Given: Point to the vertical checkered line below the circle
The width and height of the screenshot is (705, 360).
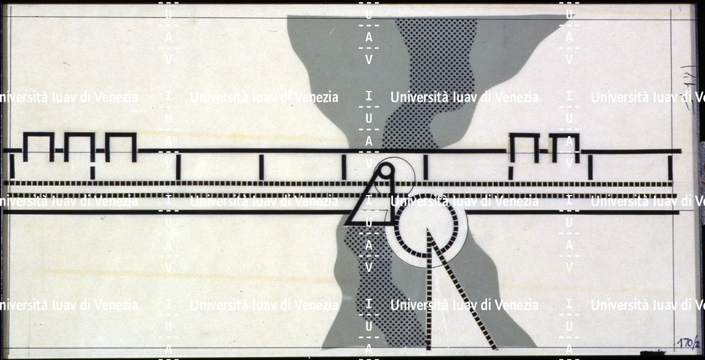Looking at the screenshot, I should tap(429, 294).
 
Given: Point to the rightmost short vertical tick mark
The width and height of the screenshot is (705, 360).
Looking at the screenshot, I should tap(670, 167).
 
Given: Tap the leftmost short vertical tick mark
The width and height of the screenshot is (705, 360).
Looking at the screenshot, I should tap(11, 166).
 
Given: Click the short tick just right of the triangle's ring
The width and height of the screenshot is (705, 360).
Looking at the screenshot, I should tap(425, 167).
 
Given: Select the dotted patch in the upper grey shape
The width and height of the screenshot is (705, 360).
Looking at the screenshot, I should tap(435, 76).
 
